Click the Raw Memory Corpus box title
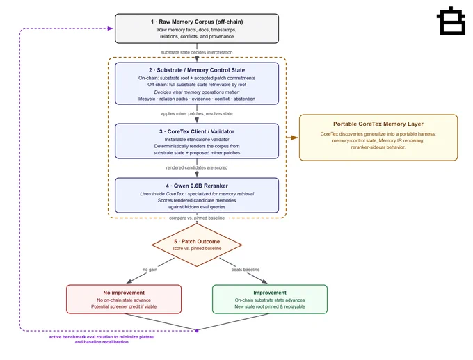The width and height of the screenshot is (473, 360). point(197,22)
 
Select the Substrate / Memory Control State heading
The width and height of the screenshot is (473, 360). point(197,70)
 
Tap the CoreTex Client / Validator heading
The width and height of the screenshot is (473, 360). point(197,131)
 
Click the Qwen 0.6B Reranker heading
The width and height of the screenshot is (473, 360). point(197,186)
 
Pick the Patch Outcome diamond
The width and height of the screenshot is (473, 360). point(197,245)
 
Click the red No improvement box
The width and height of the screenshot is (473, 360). point(124,299)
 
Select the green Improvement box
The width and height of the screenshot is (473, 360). point(270,299)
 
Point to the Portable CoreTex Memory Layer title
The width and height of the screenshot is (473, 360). point(378,124)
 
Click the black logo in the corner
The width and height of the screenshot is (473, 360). point(451,21)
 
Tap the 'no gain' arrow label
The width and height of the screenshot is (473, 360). point(150,270)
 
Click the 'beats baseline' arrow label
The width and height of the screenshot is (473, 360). point(246,270)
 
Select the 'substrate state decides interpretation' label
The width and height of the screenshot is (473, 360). point(197,52)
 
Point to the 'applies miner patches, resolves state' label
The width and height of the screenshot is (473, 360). point(197,114)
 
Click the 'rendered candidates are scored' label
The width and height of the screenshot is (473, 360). point(197,167)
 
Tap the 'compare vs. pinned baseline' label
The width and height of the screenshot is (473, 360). point(197,218)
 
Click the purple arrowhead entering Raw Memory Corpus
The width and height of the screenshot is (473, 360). point(111,28)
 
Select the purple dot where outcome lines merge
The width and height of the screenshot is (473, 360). point(197,331)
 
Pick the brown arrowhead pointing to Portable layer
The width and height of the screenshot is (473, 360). point(295,138)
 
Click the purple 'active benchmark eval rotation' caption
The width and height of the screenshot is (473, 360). point(102,339)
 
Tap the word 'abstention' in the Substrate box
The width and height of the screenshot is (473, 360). point(244,99)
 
